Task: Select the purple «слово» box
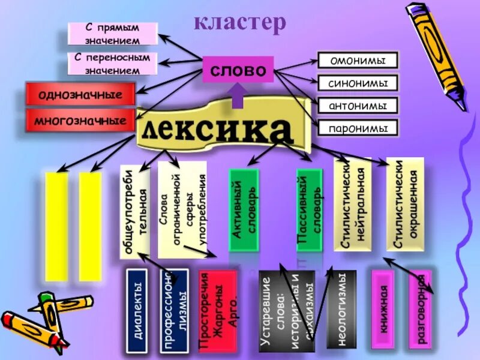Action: point(238,70)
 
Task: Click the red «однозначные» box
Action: point(80,95)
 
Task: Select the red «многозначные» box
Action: point(80,121)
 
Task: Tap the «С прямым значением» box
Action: point(112,34)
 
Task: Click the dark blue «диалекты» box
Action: point(137,311)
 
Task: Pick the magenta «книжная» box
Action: point(382,310)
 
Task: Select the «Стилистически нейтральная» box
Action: point(352,204)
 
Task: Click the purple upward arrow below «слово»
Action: point(237,95)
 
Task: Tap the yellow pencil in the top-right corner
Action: point(437,54)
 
